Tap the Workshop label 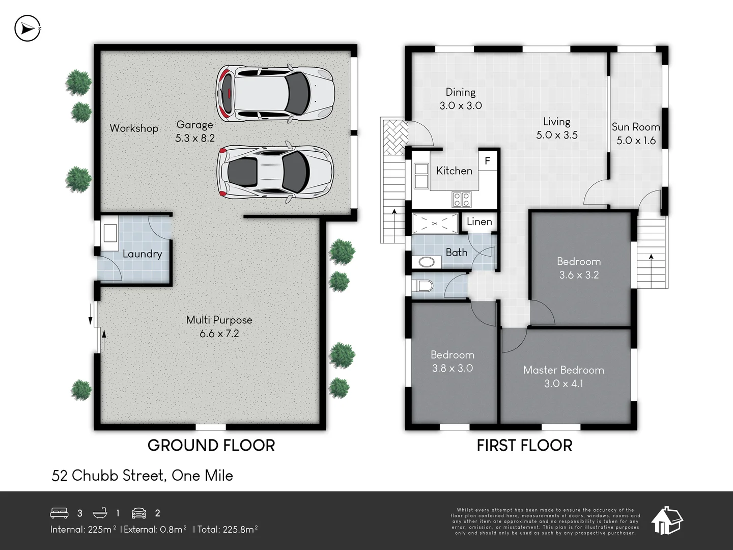pyautogui.click(x=134, y=128)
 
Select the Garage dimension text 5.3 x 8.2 pyautogui.click(x=195, y=138)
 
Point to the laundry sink pyautogui.click(x=110, y=233)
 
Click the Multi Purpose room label pyautogui.click(x=219, y=320)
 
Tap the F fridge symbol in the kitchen pyautogui.click(x=487, y=161)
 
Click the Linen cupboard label pyautogui.click(x=479, y=222)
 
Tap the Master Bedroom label pyautogui.click(x=563, y=370)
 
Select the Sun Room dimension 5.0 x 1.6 pyautogui.click(x=636, y=141)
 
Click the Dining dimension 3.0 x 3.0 pyautogui.click(x=461, y=106)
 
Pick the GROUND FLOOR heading pyautogui.click(x=211, y=446)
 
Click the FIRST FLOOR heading pyautogui.click(x=524, y=446)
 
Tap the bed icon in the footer pyautogui.click(x=60, y=512)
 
